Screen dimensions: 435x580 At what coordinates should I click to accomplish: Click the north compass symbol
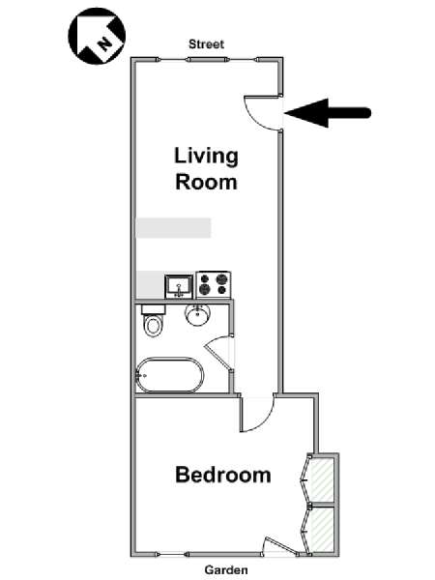(97, 36)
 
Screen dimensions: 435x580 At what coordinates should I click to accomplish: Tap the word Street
(206, 44)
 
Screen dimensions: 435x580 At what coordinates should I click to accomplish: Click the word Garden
(226, 570)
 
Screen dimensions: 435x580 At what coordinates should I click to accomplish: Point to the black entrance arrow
(328, 113)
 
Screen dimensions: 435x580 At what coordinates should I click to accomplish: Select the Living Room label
(206, 168)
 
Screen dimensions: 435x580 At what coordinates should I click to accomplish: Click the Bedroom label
(223, 475)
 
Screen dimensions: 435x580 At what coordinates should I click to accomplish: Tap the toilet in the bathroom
(154, 320)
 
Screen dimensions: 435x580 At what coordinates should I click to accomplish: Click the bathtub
(170, 375)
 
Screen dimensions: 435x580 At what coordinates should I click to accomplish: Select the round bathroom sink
(198, 315)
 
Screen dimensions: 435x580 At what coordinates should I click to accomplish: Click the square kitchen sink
(179, 286)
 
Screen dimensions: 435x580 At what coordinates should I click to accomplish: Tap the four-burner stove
(214, 284)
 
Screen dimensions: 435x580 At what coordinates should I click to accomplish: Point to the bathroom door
(218, 353)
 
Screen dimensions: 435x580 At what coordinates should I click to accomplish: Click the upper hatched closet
(322, 479)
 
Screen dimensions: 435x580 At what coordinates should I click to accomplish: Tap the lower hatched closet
(322, 529)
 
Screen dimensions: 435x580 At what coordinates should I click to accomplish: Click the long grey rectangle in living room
(173, 228)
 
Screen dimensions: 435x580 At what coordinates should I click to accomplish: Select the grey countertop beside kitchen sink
(150, 284)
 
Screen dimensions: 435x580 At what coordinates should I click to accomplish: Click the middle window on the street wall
(207, 60)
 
